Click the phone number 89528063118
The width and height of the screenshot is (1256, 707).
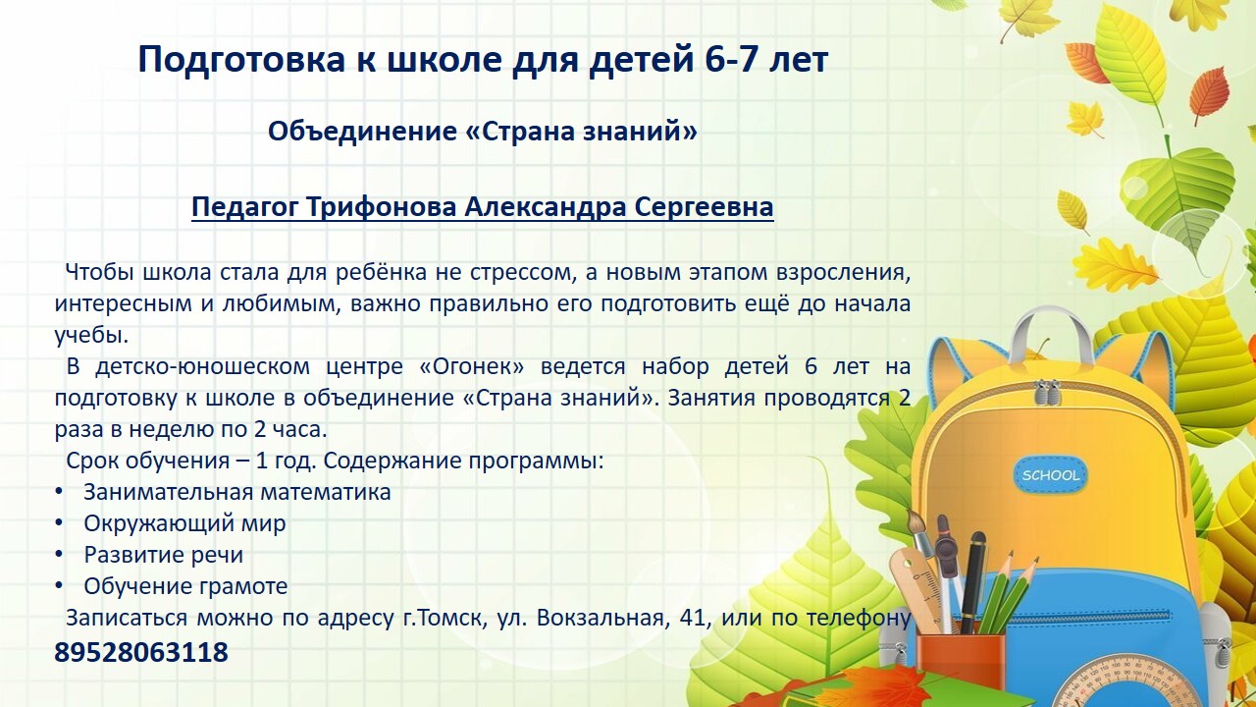pos(141,652)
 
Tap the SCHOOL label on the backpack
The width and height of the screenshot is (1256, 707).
pos(1050,475)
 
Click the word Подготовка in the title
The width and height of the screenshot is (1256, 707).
pos(241,60)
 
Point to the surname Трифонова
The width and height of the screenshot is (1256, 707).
pos(385,207)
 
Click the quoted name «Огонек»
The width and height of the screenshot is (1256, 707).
pos(472,366)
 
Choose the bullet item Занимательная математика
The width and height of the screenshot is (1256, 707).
pos(237,492)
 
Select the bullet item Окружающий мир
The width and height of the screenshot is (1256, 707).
pos(184,524)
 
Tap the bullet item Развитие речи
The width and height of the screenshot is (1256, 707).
pos(163,555)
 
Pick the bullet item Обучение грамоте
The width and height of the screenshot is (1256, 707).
pos(185,586)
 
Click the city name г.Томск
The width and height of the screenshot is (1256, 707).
pos(445,618)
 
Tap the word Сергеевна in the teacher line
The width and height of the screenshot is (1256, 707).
pos(705,207)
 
